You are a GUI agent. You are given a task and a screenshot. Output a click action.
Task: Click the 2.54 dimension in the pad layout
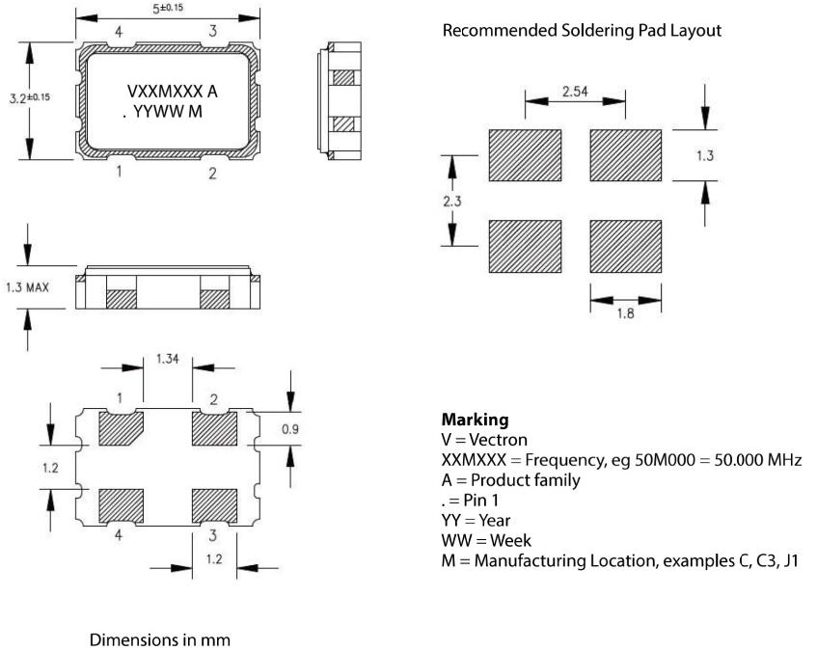coord(577,94)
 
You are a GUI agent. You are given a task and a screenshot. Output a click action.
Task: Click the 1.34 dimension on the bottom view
coord(169,361)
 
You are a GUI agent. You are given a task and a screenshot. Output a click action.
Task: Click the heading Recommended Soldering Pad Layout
coord(581,30)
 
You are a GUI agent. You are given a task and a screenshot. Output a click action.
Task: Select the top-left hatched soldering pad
coord(526,154)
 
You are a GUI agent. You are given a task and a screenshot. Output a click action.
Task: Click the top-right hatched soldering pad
coord(625,154)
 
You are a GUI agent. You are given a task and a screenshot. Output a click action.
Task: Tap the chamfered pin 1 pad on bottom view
coord(121,429)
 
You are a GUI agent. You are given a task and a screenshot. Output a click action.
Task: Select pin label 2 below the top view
coord(212,174)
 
